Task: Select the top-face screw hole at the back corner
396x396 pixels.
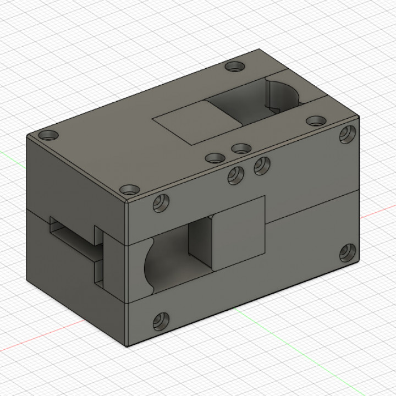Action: click(x=235, y=67)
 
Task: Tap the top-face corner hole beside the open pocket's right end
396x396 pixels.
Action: click(x=316, y=120)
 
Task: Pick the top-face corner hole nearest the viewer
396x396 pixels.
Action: click(x=131, y=190)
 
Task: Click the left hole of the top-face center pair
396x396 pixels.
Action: click(x=215, y=158)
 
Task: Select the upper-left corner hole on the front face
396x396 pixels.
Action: click(x=162, y=203)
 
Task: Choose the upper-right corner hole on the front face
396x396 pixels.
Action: click(x=347, y=134)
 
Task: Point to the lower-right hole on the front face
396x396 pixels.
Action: click(x=347, y=252)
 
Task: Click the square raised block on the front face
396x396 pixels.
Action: click(x=238, y=233)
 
